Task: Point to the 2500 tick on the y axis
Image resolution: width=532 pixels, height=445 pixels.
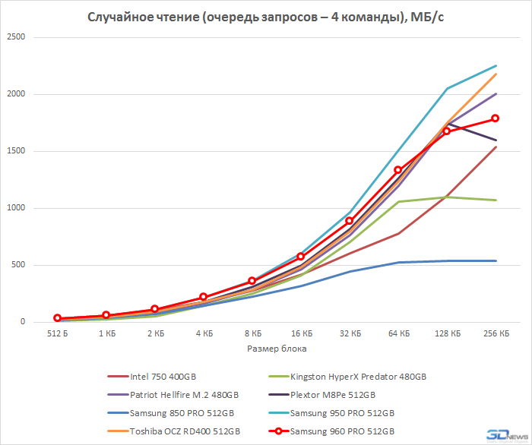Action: pyautogui.click(x=15, y=37)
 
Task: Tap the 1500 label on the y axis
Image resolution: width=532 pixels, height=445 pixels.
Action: pyautogui.click(x=15, y=151)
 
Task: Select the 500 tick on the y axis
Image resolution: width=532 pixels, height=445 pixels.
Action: pyautogui.click(x=17, y=265)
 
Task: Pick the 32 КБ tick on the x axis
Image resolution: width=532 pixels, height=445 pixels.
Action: pyautogui.click(x=350, y=333)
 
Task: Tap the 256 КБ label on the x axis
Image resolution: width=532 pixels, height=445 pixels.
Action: pyautogui.click(x=496, y=333)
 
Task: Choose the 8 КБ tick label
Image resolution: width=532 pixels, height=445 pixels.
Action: pyautogui.click(x=252, y=333)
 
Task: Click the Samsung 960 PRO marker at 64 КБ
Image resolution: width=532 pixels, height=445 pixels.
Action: pyautogui.click(x=398, y=170)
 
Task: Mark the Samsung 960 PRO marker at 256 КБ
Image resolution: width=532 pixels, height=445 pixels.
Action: pyautogui.click(x=496, y=118)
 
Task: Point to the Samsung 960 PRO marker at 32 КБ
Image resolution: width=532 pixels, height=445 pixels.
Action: pyautogui.click(x=350, y=221)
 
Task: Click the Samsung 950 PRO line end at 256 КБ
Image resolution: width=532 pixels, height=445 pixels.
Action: pyautogui.click(x=496, y=66)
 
